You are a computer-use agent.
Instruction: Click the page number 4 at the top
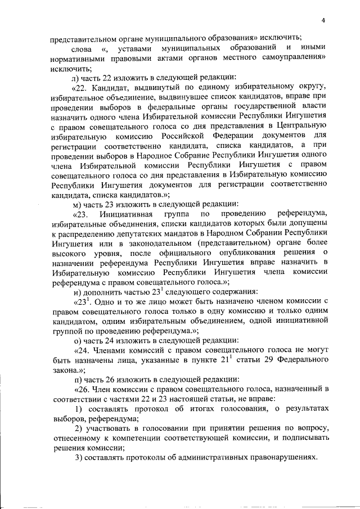coord(323,21)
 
